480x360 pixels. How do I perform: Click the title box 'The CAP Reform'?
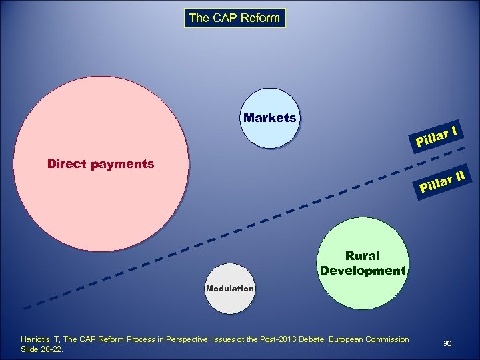[234, 18]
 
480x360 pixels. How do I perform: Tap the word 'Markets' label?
[269, 118]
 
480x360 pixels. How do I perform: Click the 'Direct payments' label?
[101, 164]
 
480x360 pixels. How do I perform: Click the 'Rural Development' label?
[363, 263]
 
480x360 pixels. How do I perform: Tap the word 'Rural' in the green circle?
[363, 256]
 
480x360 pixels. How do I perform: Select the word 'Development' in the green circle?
[363, 271]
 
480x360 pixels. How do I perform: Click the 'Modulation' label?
[230, 289]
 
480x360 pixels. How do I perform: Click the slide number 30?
[447, 343]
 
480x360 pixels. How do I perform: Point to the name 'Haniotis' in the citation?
[37, 339]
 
